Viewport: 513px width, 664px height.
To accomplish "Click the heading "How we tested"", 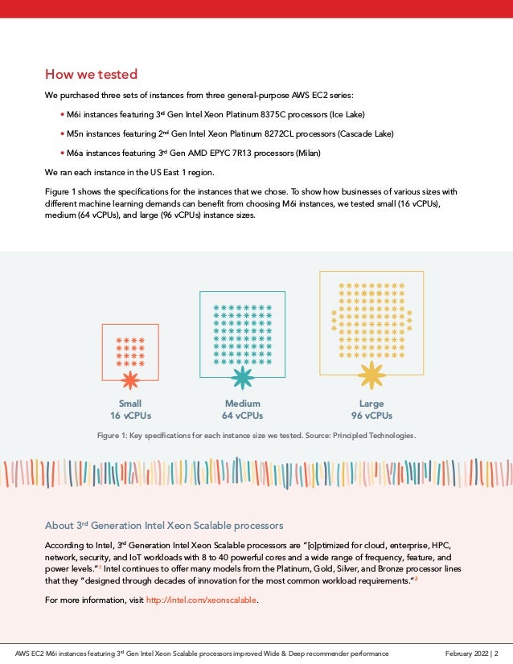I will [x=91, y=76].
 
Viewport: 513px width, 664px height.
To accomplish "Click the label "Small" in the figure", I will [x=130, y=404].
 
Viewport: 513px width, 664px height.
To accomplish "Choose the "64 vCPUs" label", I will [x=242, y=416].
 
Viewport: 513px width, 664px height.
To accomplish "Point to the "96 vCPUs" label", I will [x=371, y=416].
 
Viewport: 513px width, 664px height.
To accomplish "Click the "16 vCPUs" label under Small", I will [x=130, y=416].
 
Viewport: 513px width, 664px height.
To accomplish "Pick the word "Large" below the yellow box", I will [x=371, y=404].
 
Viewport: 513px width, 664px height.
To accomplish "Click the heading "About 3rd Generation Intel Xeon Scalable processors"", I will [x=164, y=526].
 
